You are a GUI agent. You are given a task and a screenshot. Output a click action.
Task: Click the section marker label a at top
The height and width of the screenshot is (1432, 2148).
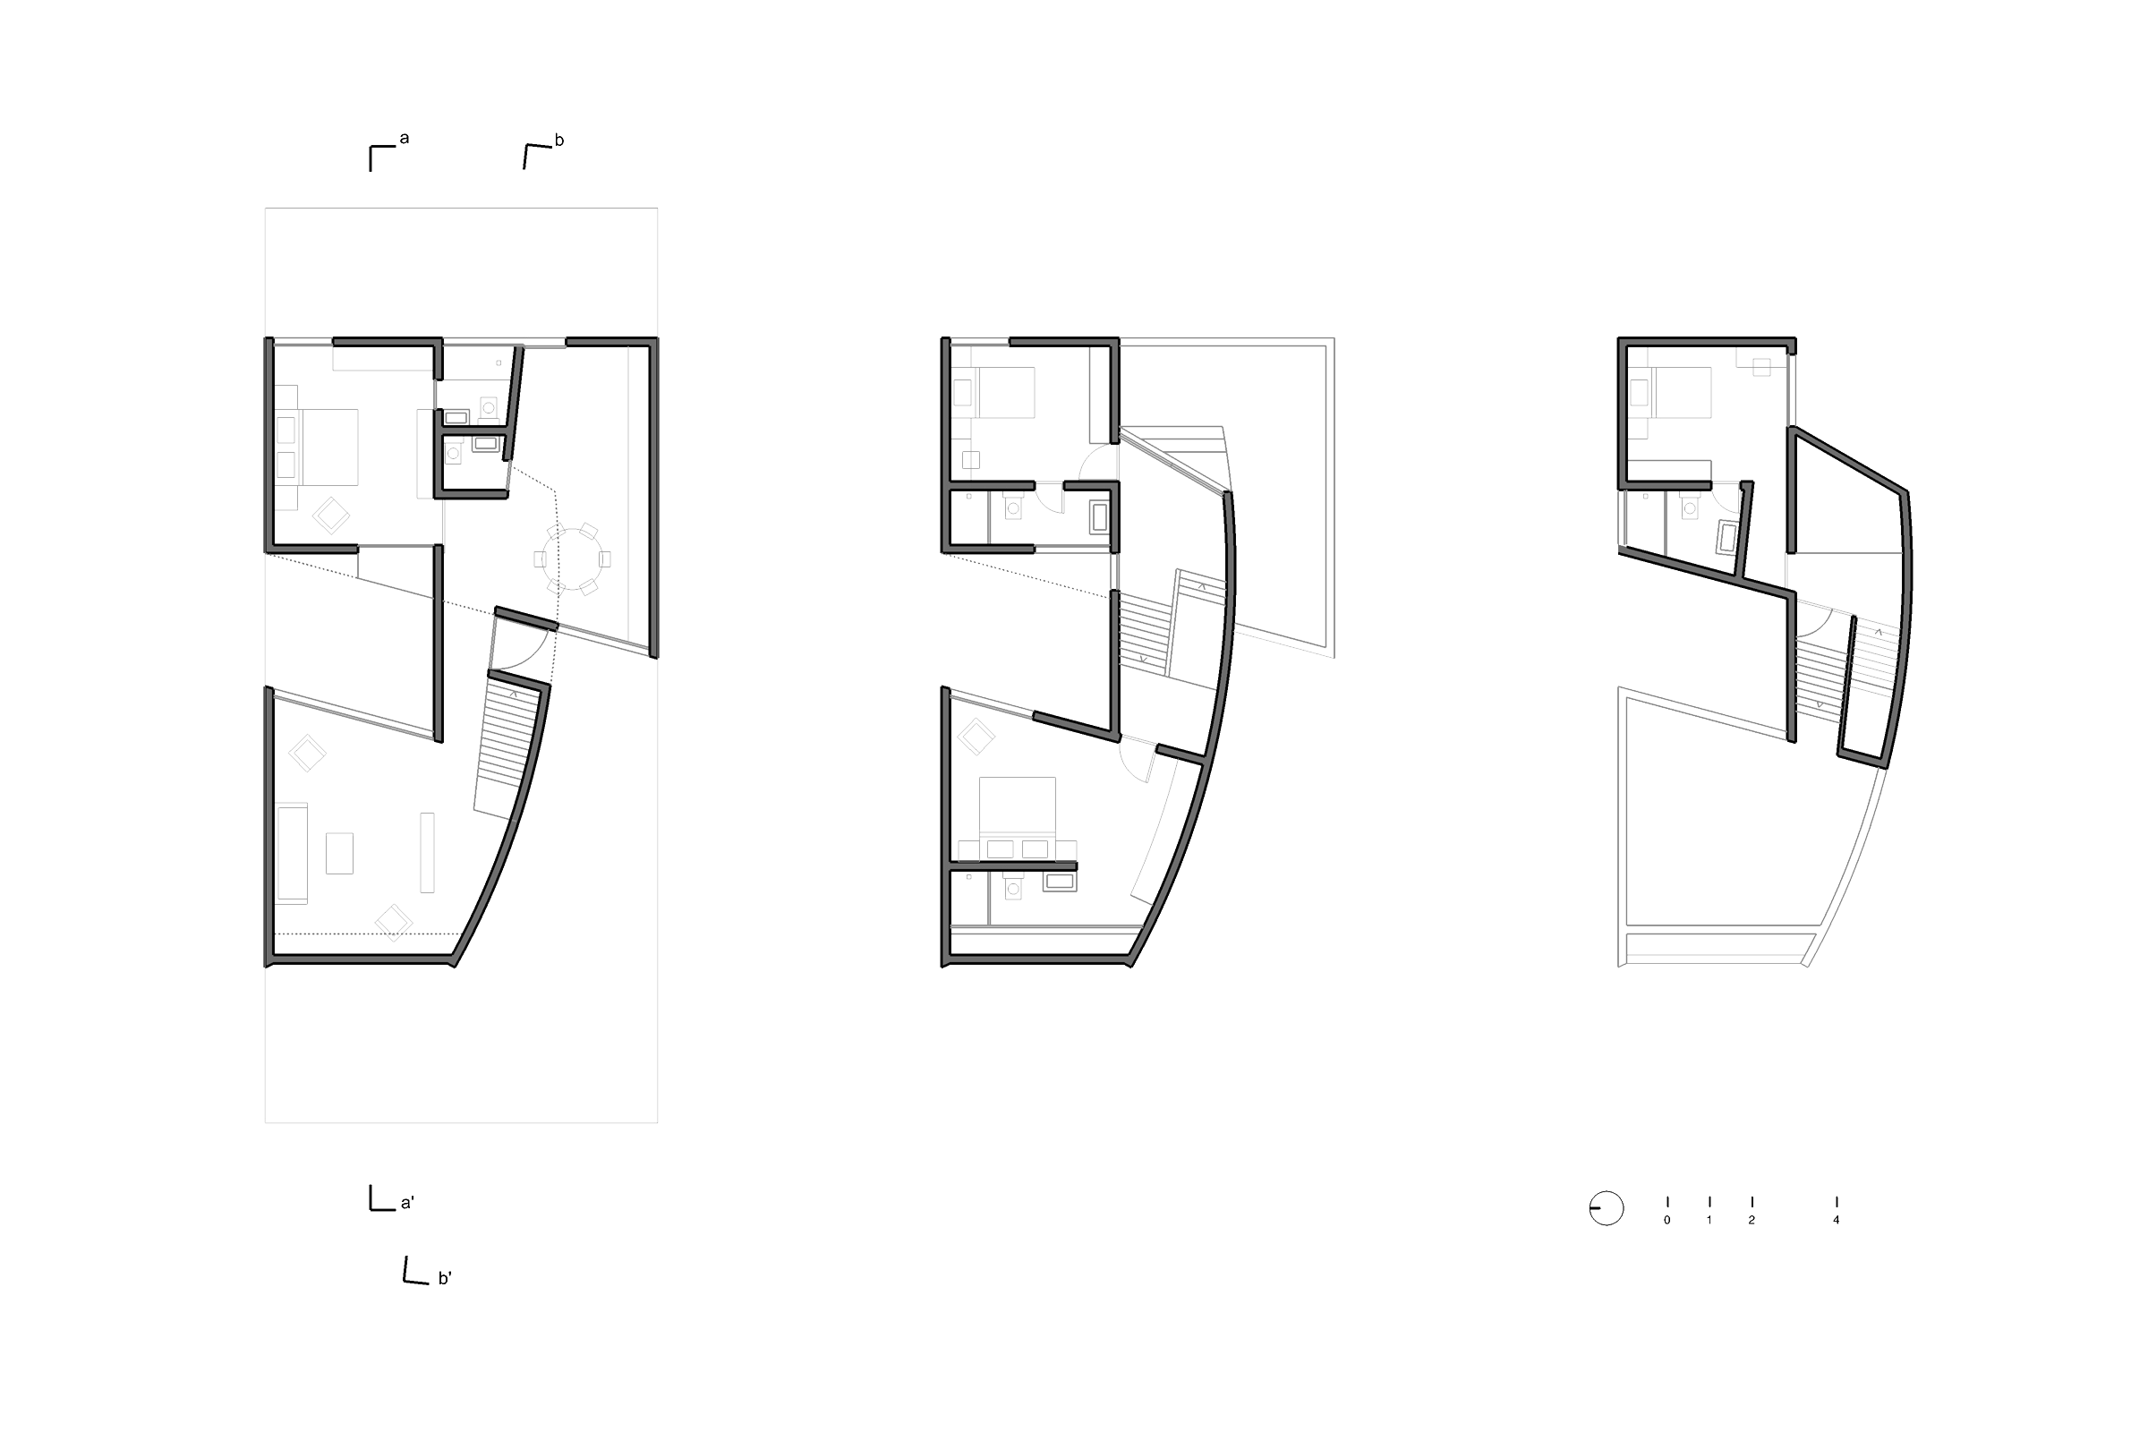click(405, 139)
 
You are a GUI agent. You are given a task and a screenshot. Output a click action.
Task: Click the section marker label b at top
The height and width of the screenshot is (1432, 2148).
click(558, 141)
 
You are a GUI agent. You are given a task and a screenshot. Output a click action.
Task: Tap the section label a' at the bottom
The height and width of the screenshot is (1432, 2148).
click(407, 1203)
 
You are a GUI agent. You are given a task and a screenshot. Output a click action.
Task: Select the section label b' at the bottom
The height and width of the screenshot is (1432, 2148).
click(445, 1279)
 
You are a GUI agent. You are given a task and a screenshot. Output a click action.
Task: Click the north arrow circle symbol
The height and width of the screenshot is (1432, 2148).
click(1606, 1208)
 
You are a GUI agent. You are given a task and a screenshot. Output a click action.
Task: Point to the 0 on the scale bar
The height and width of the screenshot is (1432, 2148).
click(1666, 1220)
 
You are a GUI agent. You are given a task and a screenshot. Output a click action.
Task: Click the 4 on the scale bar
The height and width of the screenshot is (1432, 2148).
click(1836, 1220)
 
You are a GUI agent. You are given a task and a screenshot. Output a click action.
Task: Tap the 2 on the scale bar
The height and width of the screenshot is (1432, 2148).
click(1751, 1220)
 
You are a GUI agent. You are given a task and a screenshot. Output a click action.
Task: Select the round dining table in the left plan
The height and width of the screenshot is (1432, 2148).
click(572, 558)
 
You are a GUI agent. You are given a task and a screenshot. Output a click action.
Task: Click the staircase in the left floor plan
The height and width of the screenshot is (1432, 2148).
click(502, 749)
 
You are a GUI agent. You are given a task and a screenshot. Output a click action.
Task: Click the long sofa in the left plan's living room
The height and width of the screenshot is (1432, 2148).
click(293, 853)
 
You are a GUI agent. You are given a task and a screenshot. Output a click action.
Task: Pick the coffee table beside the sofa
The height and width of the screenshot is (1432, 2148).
click(339, 853)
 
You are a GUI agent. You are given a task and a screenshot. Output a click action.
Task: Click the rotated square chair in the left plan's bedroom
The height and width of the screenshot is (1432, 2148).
click(330, 516)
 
